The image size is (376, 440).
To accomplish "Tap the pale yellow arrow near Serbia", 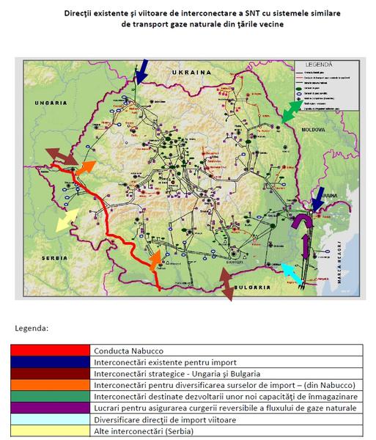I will (67, 219).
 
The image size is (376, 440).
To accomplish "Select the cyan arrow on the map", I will (292, 273).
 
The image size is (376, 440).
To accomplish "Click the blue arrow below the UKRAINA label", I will (142, 73).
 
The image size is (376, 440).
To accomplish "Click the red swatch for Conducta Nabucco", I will (50, 350).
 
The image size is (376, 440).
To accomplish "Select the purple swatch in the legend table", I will (50, 408).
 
